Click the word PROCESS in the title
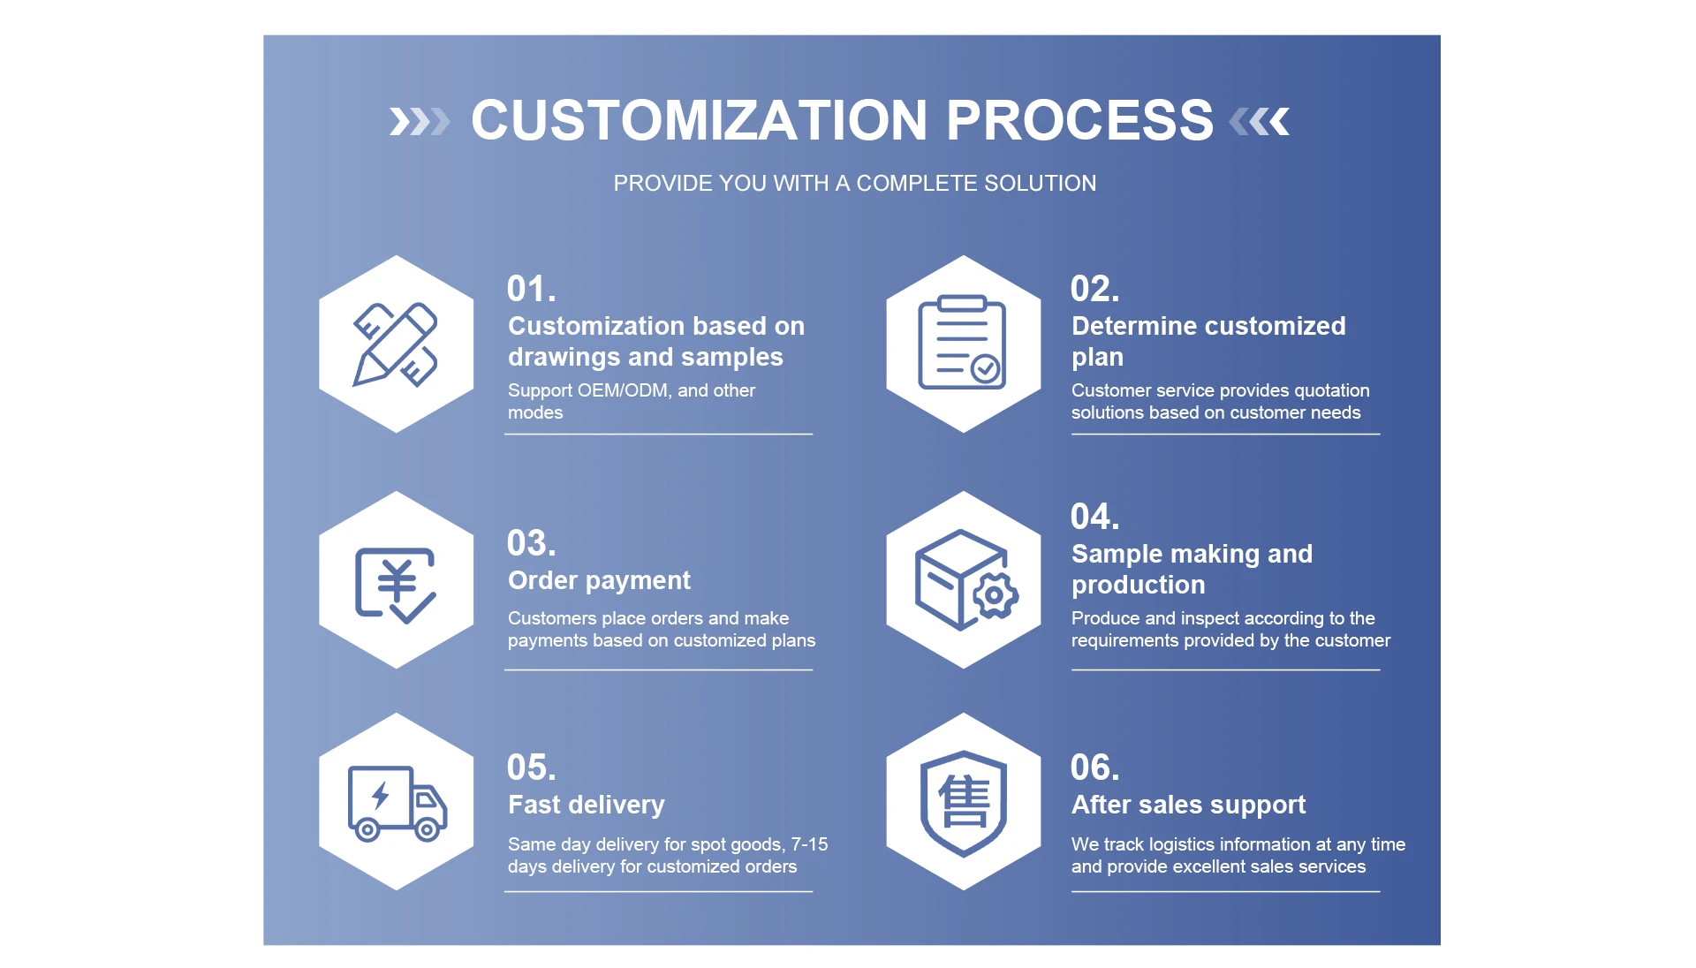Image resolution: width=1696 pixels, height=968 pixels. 1079,120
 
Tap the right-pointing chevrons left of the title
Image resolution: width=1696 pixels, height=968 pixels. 420,122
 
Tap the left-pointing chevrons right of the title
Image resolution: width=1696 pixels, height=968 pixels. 1260,122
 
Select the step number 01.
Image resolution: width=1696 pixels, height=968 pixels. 531,289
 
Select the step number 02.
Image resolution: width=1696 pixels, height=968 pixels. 1094,289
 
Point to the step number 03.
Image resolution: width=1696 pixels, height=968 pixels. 531,543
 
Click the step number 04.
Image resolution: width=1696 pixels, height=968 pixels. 1094,517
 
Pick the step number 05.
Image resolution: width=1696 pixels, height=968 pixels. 531,768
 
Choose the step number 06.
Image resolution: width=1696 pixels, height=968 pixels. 1094,768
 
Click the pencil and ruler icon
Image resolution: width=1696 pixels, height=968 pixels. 396,344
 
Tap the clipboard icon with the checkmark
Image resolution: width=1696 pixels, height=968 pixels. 962,343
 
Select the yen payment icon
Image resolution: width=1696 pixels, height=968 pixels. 395,584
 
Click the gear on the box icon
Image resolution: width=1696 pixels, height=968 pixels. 995,595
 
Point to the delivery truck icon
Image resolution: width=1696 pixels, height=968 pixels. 397,802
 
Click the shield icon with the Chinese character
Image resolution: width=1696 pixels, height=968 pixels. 963,802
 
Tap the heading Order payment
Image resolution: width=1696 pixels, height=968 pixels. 599,580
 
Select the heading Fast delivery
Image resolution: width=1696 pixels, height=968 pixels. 586,805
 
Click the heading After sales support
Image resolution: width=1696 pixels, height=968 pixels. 1188,805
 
